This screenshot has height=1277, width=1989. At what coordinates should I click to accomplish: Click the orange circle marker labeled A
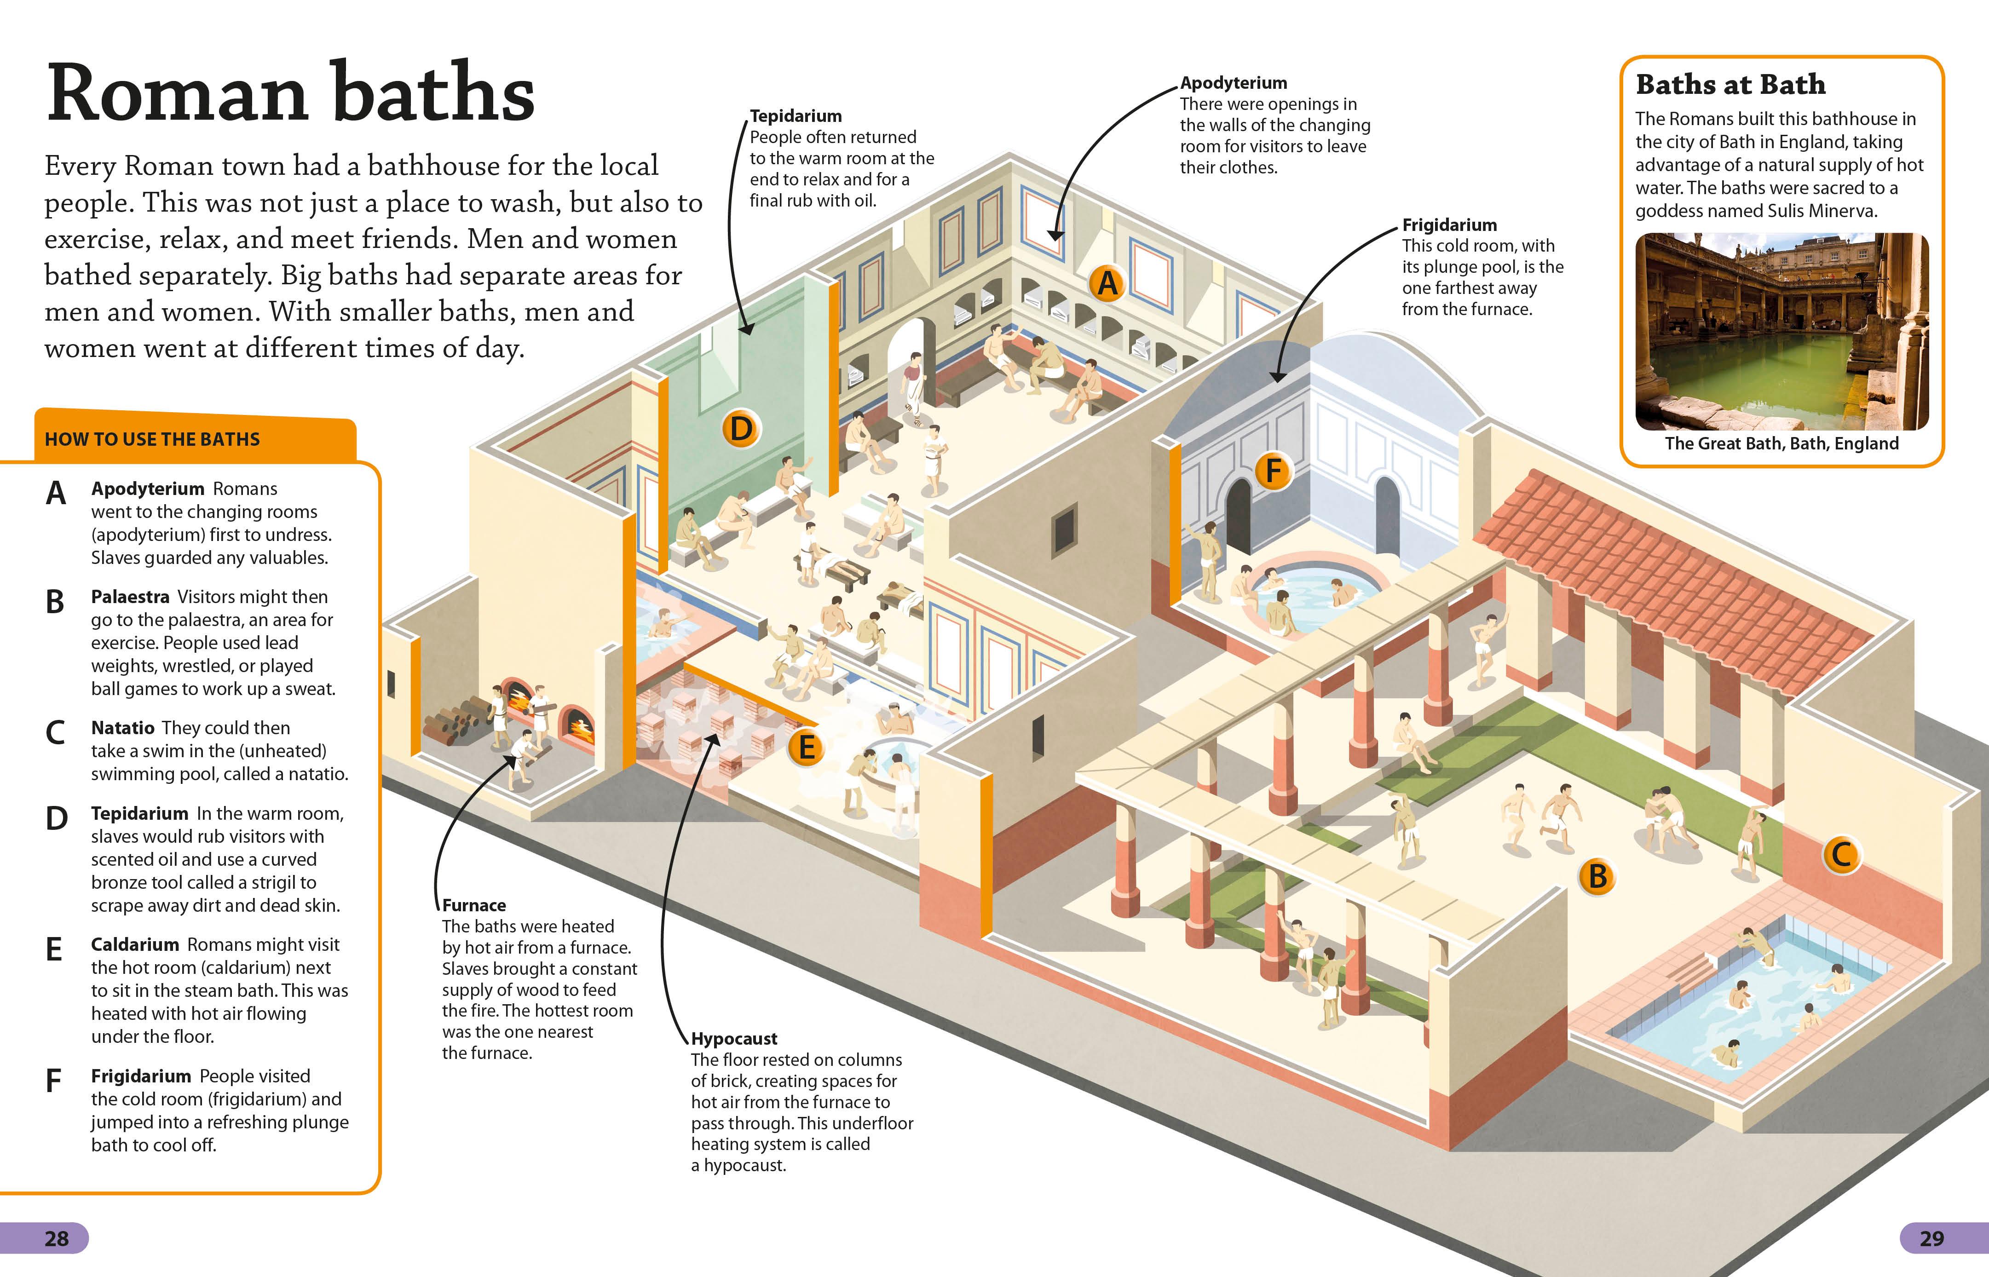(1107, 283)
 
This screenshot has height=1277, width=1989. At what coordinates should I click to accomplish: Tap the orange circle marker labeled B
(1597, 876)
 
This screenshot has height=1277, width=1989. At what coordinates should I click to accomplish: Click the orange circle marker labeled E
(805, 747)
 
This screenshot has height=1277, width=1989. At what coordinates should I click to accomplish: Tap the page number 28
(57, 1238)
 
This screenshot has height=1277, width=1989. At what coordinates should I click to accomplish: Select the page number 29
(1932, 1238)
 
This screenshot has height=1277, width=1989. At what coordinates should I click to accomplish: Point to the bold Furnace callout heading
(473, 905)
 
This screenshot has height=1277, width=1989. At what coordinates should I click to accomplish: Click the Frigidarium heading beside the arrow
(1449, 225)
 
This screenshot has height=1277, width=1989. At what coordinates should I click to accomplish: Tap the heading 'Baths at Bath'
(1730, 85)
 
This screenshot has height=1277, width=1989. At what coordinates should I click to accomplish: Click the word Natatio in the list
(123, 727)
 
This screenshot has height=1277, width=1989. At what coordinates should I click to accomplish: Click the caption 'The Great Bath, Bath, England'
(1781, 443)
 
